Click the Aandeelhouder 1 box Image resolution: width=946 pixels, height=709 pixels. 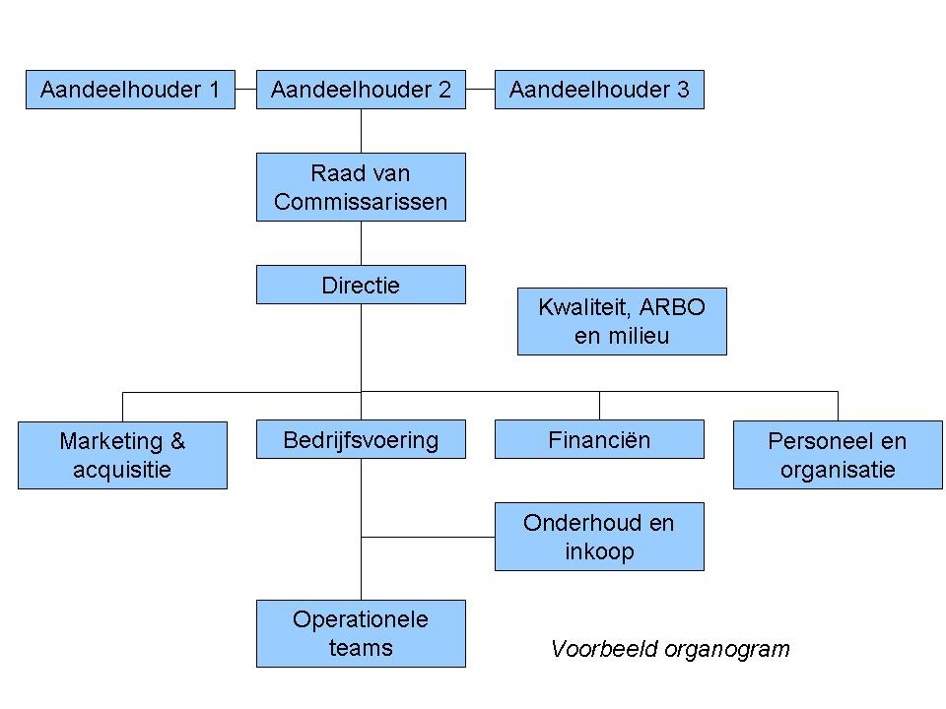[130, 90]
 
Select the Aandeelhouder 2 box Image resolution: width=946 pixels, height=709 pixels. [361, 90]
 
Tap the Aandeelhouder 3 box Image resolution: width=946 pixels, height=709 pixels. [599, 90]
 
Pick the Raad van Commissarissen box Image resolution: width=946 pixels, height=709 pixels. [361, 187]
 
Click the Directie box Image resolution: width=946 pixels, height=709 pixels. [361, 285]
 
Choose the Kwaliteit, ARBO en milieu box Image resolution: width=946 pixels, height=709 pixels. [622, 321]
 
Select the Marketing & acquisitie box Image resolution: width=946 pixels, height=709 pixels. [122, 455]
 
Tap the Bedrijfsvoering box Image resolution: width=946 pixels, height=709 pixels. [361, 439]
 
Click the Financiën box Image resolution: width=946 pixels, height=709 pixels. [599, 439]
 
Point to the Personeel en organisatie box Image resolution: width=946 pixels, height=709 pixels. [838, 455]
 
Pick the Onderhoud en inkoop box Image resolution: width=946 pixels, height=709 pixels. [599, 537]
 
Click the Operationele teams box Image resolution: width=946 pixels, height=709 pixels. [361, 633]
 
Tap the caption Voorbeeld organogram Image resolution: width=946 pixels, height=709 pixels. [670, 649]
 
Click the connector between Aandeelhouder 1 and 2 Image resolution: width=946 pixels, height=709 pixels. [245, 90]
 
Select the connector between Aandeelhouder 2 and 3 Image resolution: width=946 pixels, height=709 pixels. [480, 90]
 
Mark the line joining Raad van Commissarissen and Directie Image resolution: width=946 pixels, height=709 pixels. [361, 243]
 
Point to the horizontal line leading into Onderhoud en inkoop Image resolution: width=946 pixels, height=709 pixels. [428, 537]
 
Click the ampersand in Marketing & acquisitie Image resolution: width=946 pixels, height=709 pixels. [177, 441]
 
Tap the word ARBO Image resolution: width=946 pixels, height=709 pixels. [672, 307]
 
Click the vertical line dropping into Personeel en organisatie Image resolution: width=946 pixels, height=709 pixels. [838, 407]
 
